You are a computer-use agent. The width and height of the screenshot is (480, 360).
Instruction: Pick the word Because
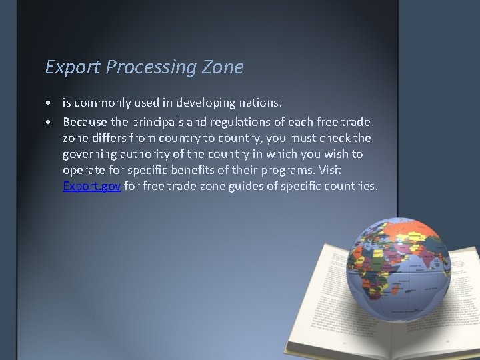tap(85, 122)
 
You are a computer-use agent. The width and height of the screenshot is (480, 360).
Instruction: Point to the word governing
tap(90, 155)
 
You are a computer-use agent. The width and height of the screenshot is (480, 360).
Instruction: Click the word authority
tap(148, 155)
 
